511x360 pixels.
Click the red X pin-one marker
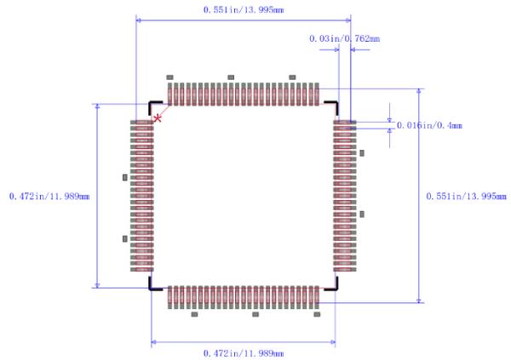pyautogui.click(x=158, y=117)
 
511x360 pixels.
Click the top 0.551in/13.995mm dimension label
pyautogui.click(x=243, y=9)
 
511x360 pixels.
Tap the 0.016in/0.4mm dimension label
pyautogui.click(x=429, y=125)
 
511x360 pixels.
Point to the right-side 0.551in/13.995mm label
pyautogui.click(x=466, y=196)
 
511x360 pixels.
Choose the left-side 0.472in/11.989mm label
pyautogui.click(x=49, y=196)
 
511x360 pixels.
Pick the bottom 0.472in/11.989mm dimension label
pyautogui.click(x=244, y=352)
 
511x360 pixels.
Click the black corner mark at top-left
pyautogui.click(x=154, y=106)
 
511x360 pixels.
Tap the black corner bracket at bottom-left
pyautogui.click(x=154, y=285)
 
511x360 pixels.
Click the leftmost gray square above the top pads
pyautogui.click(x=169, y=77)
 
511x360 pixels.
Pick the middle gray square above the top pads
pyautogui.click(x=231, y=77)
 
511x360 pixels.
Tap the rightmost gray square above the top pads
pyautogui.click(x=292, y=77)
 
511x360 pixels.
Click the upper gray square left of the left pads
pyautogui.click(x=126, y=177)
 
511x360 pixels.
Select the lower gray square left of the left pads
pyautogui.click(x=126, y=239)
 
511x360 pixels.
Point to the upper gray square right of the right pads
pyautogui.click(x=362, y=153)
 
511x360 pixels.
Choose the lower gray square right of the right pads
pyautogui.click(x=362, y=214)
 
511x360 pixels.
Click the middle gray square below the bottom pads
pyautogui.click(x=255, y=314)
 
